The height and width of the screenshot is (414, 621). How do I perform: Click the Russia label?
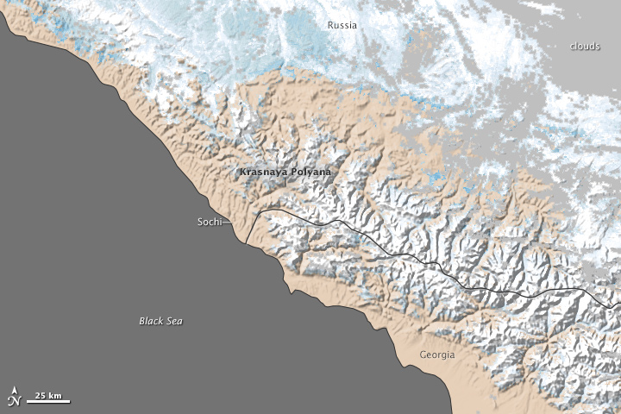(342, 25)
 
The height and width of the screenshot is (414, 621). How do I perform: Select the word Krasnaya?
(262, 172)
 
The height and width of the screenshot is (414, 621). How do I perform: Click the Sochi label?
(208, 222)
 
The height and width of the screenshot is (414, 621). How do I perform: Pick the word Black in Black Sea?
(151, 321)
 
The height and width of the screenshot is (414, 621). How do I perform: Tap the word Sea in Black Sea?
(174, 321)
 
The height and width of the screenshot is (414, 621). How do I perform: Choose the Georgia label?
(436, 354)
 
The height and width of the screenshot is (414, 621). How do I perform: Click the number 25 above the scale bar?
(41, 395)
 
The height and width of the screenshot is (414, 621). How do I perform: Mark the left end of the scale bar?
(26, 401)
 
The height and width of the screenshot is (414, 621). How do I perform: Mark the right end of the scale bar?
(71, 401)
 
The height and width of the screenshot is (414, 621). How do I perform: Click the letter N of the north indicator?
(12, 400)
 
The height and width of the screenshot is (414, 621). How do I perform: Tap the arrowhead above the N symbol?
(12, 391)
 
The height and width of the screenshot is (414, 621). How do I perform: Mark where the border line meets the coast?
(245, 242)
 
